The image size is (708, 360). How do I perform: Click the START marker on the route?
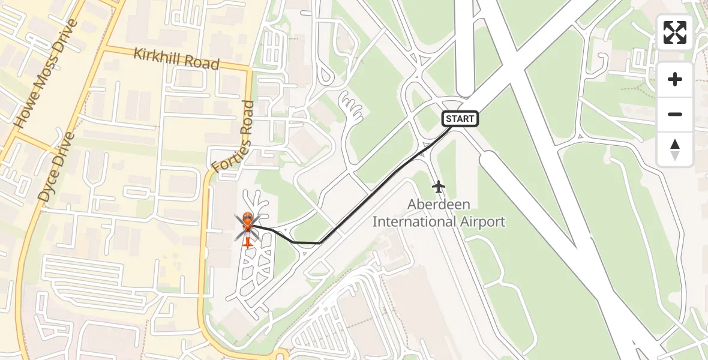click(x=460, y=119)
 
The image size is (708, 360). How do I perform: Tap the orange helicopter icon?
click(x=247, y=229)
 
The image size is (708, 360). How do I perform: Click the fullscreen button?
click(x=675, y=32)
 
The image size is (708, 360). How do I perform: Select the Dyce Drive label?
click(x=55, y=167)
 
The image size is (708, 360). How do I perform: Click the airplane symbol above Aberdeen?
click(x=439, y=187)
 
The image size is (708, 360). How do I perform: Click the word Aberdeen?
click(x=439, y=205)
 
